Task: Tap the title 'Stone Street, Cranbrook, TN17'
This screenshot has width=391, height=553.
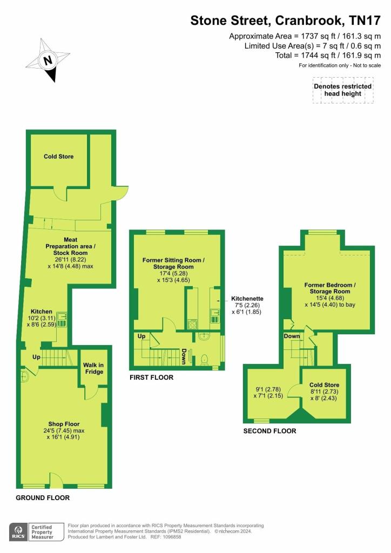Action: click(x=286, y=21)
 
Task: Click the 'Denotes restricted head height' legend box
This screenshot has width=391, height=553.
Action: click(x=342, y=90)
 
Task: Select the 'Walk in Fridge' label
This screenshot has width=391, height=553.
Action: click(x=94, y=368)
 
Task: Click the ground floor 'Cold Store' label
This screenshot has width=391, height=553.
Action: click(x=58, y=157)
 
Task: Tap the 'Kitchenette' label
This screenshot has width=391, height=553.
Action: click(x=247, y=298)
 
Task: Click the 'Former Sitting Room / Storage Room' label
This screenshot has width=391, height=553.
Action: click(x=174, y=263)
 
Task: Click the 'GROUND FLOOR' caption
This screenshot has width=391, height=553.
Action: click(x=43, y=497)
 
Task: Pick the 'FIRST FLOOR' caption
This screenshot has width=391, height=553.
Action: click(x=151, y=377)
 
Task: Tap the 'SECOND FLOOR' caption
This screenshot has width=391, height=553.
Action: click(x=269, y=431)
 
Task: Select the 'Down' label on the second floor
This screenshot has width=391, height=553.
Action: click(x=292, y=336)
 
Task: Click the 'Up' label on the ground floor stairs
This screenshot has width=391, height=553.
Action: click(x=37, y=358)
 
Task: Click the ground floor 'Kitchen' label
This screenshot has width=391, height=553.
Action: click(x=41, y=312)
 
